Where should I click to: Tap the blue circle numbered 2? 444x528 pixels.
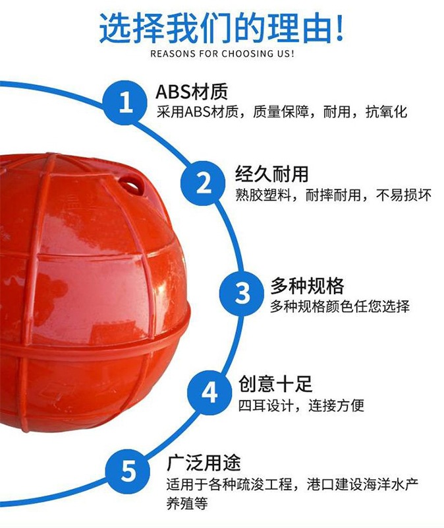click(x=205, y=181)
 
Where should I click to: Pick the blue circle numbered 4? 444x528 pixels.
click(x=209, y=392)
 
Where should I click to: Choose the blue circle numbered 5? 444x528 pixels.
click(x=130, y=471)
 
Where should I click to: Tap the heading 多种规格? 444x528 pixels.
click(x=307, y=286)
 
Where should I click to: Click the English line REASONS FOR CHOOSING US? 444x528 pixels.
click(x=222, y=53)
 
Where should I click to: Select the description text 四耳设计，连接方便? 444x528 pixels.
click(x=301, y=405)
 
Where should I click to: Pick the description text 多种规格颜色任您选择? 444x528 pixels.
click(x=340, y=307)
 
